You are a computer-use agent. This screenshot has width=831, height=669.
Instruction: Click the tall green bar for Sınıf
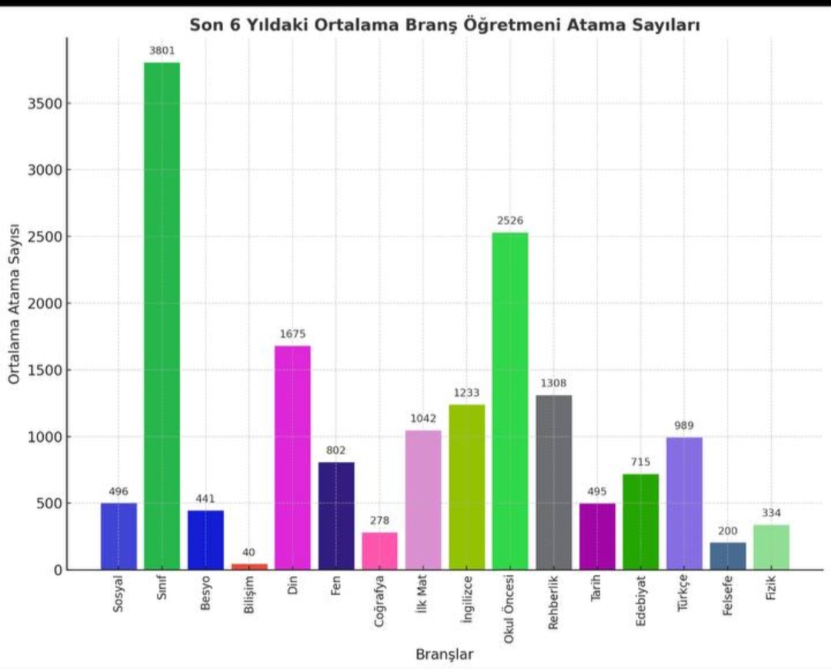pyautogui.click(x=162, y=316)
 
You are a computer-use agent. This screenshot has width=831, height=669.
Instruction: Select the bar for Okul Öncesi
pyautogui.click(x=510, y=400)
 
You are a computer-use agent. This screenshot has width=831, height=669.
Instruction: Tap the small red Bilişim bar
pyautogui.click(x=249, y=567)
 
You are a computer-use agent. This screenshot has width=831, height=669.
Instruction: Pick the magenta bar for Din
pyautogui.click(x=292, y=458)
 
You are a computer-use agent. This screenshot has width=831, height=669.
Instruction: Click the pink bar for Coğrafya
pyautogui.click(x=380, y=551)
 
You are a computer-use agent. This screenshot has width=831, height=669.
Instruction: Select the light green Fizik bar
pyautogui.click(x=771, y=547)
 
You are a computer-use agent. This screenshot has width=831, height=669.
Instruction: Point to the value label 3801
pyautogui.click(x=162, y=51)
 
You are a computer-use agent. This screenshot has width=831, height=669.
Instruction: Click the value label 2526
pyautogui.click(x=510, y=221)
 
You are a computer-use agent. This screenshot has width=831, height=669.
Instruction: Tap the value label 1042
pyautogui.click(x=423, y=419)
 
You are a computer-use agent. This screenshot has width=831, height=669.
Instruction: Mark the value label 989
pyautogui.click(x=684, y=426)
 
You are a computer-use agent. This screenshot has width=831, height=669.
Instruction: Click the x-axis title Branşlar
pyautogui.click(x=444, y=654)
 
